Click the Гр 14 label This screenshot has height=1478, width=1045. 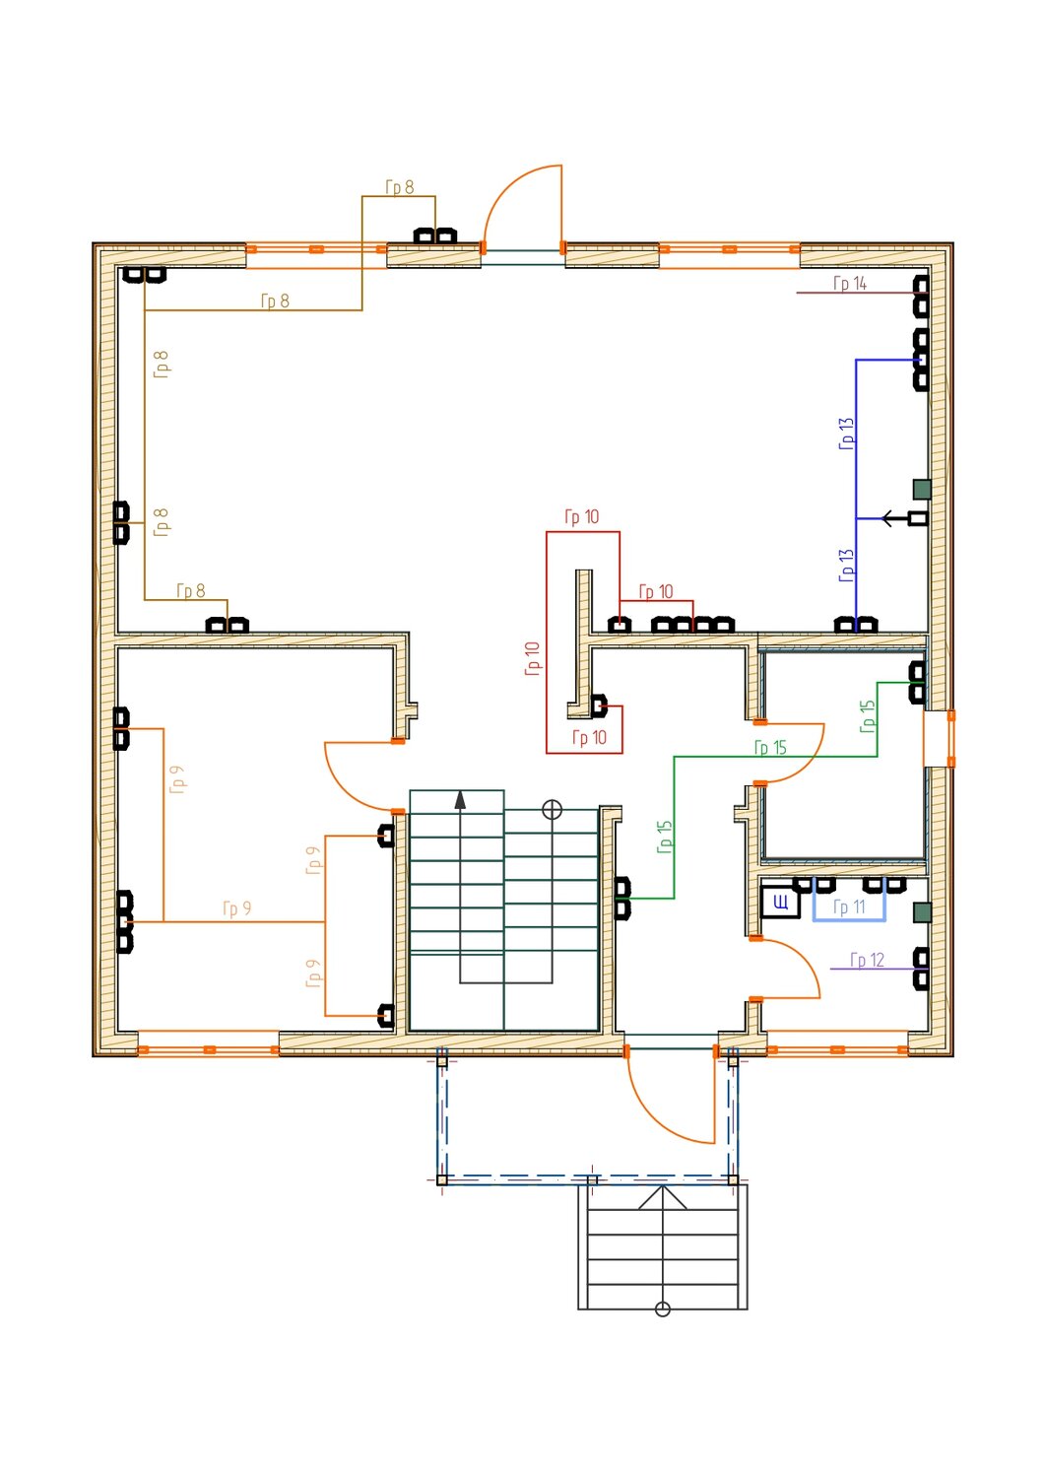click(x=850, y=283)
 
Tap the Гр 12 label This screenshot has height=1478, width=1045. click(x=867, y=960)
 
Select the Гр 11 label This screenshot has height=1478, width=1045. click(x=849, y=907)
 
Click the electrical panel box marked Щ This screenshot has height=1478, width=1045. click(x=780, y=902)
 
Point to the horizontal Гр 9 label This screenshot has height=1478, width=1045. click(x=236, y=908)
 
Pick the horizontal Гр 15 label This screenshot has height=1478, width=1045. click(x=770, y=748)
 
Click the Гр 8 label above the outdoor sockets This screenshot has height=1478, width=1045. click(x=400, y=187)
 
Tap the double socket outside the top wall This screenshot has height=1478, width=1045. click(x=434, y=235)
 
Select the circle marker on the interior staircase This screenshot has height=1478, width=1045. click(x=552, y=810)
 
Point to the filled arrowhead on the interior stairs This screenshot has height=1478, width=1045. click(x=460, y=800)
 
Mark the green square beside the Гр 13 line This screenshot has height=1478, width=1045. click(x=922, y=490)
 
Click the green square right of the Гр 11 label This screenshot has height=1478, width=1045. click(x=922, y=912)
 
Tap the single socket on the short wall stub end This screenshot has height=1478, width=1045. click(x=599, y=706)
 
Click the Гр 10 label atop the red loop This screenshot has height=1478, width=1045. click(x=582, y=516)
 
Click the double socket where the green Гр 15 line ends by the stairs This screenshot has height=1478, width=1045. click(x=622, y=899)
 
